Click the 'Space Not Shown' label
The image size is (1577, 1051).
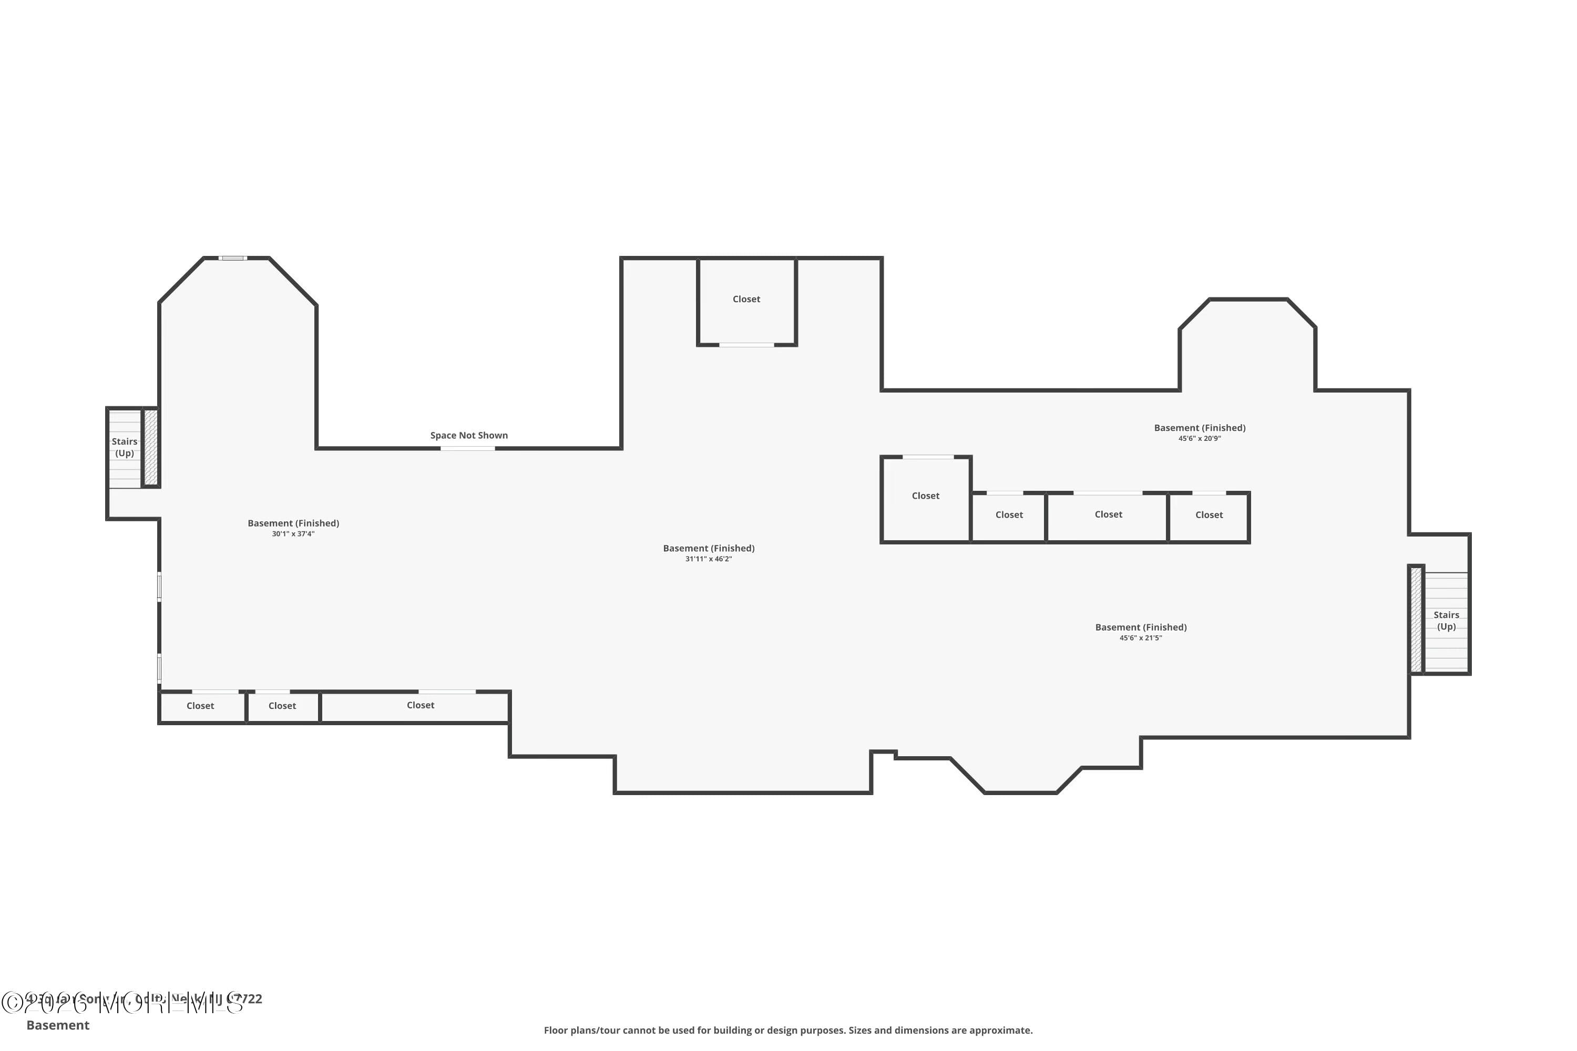coord(469,436)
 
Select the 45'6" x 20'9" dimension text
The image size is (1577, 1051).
coord(1200,439)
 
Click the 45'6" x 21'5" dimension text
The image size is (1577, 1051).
coord(1141,638)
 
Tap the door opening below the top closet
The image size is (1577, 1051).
coord(746,345)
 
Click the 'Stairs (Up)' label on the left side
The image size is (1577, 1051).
coord(124,447)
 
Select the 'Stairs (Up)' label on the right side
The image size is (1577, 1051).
coord(1446,621)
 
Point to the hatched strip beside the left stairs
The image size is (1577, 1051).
coord(151,447)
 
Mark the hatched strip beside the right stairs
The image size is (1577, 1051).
coord(1416,620)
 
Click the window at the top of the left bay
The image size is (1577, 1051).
coord(233,258)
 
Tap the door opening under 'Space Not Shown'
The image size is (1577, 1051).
coord(467,448)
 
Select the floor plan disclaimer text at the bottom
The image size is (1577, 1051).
coord(788,1030)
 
